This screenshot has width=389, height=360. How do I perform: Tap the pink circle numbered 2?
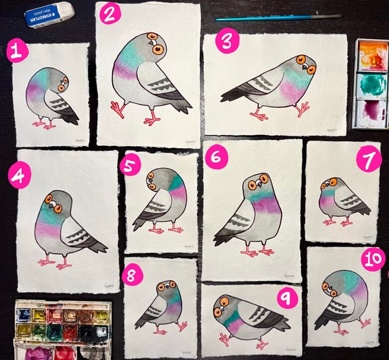[110, 14]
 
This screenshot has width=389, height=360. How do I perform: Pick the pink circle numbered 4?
[19, 176]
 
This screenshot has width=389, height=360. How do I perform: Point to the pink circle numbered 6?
[217, 156]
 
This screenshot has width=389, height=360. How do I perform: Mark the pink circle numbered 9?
[285, 299]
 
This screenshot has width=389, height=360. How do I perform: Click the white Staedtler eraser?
[49, 15]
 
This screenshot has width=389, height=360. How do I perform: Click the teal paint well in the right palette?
[371, 84]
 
